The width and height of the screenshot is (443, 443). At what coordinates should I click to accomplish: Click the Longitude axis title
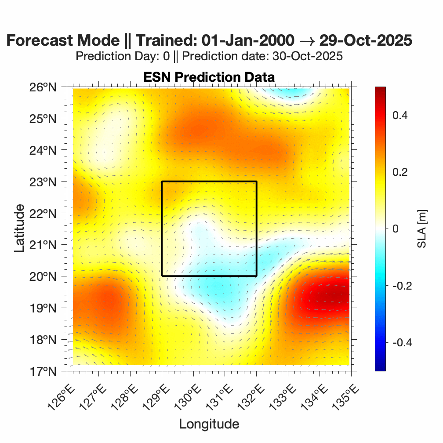point(209,424)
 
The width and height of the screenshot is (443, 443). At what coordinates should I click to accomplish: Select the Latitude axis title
point(19,229)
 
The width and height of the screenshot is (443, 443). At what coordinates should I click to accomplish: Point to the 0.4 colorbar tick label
point(399,115)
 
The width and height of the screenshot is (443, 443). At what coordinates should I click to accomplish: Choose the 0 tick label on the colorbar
point(395,229)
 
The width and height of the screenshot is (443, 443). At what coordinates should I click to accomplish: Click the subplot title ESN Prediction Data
point(209,77)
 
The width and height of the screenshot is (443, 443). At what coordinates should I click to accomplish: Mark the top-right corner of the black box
point(256,182)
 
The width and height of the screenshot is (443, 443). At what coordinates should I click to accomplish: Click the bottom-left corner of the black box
point(162,276)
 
